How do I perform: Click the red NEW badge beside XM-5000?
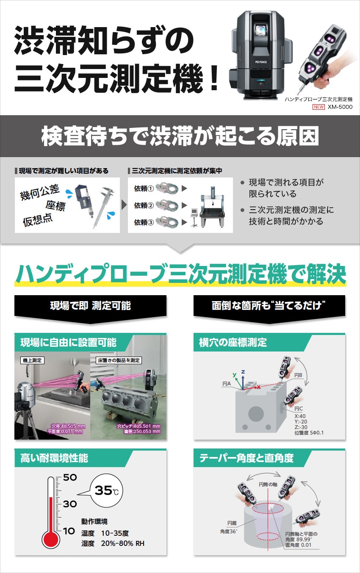(x=318, y=107)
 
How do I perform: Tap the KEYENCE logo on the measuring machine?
(x=261, y=62)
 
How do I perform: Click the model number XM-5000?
(x=340, y=107)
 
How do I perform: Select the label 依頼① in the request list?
(x=144, y=188)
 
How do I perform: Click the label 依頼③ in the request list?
(x=144, y=222)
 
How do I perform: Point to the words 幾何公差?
(x=40, y=192)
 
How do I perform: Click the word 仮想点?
(x=38, y=220)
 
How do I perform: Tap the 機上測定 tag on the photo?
(x=32, y=360)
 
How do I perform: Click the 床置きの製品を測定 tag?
(x=119, y=360)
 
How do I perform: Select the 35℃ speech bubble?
(x=106, y=491)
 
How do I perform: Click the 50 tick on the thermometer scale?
(x=70, y=477)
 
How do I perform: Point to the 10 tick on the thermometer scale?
(x=69, y=531)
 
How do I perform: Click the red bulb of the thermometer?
(x=51, y=539)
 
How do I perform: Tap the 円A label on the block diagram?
(x=227, y=384)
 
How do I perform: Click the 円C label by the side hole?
(x=298, y=409)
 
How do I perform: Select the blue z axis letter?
(x=243, y=372)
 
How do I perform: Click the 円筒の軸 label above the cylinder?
(x=268, y=484)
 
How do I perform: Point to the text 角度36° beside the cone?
(x=229, y=531)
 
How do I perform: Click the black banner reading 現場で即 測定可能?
(x=90, y=306)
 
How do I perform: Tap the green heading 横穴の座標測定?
(x=233, y=343)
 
